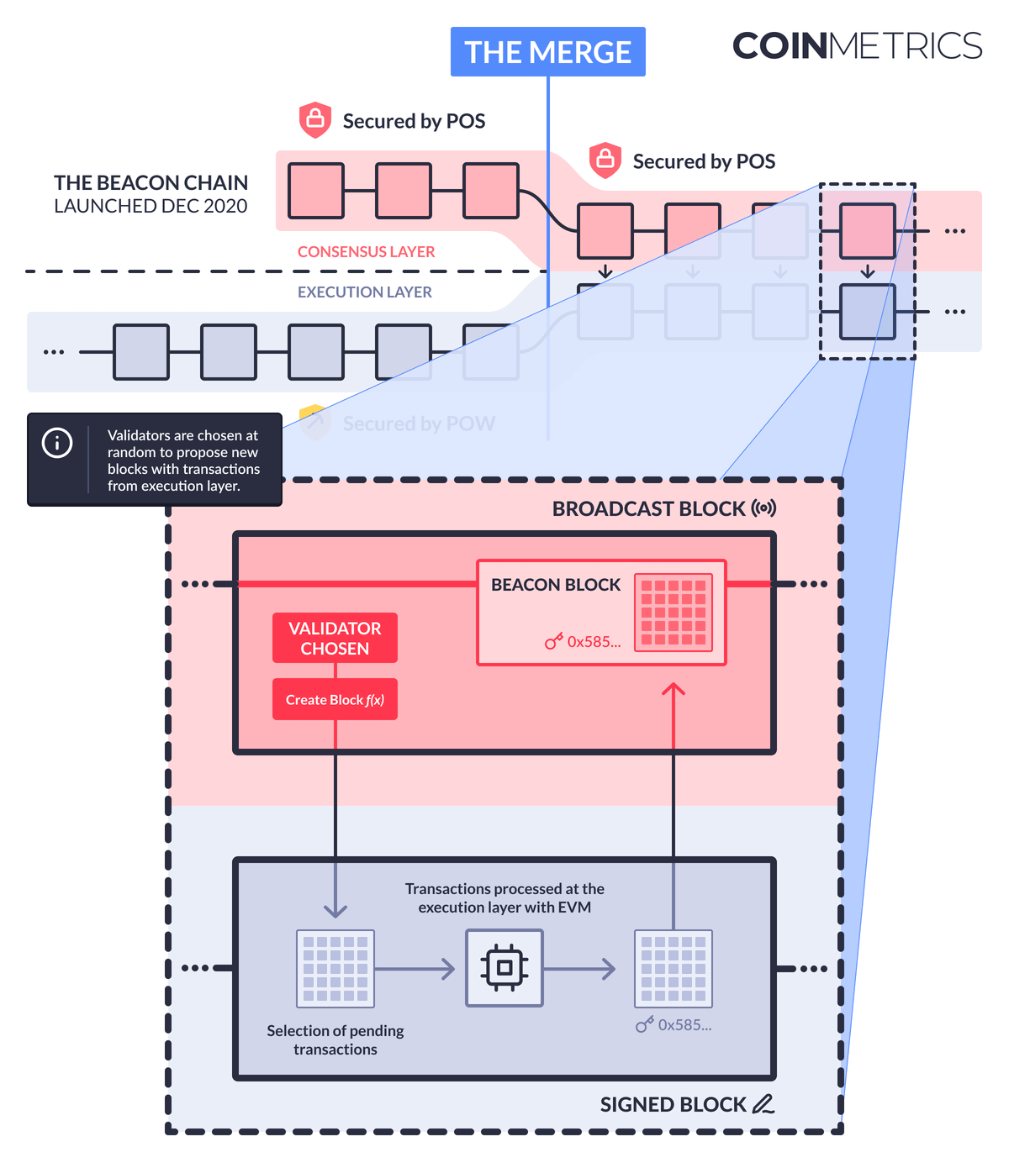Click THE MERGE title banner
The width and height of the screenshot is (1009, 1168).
tap(547, 52)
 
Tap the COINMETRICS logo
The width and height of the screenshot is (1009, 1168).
tap(857, 46)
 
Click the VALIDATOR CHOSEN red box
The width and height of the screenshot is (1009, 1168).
tap(335, 638)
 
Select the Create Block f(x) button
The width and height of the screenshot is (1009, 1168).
tap(335, 699)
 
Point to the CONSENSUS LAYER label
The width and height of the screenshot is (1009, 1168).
tap(366, 252)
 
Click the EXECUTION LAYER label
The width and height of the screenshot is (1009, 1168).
tap(364, 292)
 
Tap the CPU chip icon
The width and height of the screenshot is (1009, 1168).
tap(504, 968)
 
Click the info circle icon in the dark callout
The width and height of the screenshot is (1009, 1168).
tap(57, 443)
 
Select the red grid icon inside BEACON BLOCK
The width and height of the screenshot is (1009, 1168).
tap(674, 613)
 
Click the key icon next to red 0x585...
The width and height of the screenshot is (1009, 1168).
tap(553, 642)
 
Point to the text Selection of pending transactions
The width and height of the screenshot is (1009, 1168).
tap(335, 1039)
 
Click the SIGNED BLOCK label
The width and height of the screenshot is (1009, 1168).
tap(673, 1105)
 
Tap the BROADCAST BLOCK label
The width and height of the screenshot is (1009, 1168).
tap(648, 509)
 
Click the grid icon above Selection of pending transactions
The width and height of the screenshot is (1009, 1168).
tap(335, 968)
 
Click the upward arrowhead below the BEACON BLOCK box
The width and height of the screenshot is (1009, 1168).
tap(674, 690)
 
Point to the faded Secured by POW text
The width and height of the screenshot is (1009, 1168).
tap(419, 424)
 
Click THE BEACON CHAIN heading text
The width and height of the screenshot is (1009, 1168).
tap(151, 183)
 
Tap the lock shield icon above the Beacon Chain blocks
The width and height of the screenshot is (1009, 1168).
tap(315, 120)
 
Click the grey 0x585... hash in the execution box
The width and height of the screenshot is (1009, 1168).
tap(684, 1025)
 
